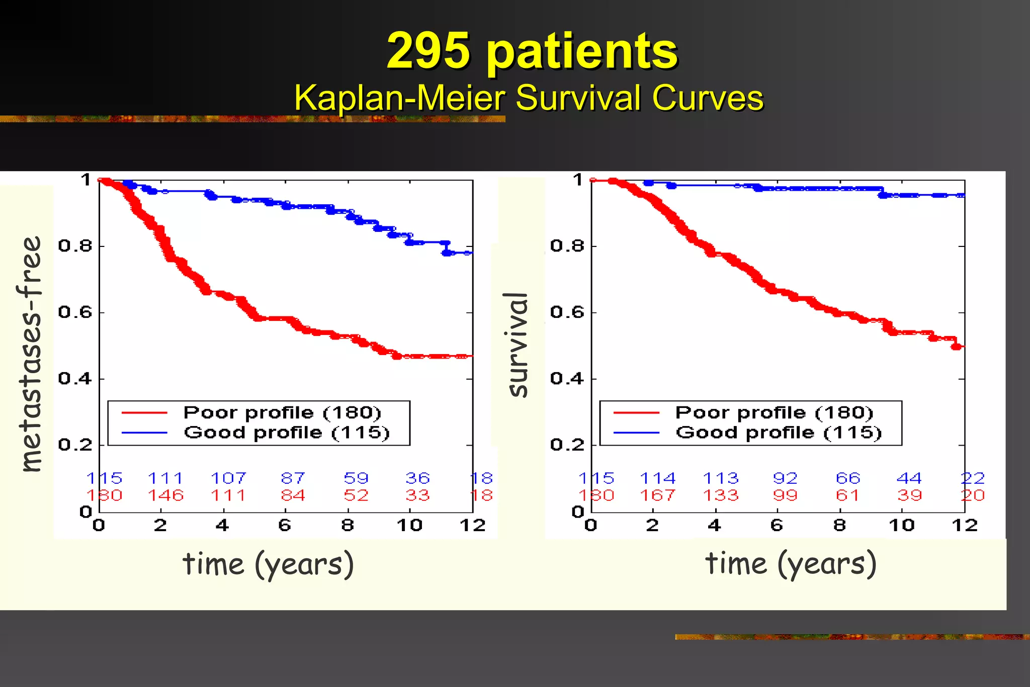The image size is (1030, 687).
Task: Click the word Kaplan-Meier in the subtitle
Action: [399, 98]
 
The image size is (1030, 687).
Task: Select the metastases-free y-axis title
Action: [30, 354]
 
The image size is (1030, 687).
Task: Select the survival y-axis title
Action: [518, 345]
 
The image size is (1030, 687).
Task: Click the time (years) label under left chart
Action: [268, 564]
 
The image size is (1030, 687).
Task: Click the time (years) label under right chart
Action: [791, 563]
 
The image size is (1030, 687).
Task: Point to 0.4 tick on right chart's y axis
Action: [567, 378]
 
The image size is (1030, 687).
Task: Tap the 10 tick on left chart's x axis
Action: [409, 526]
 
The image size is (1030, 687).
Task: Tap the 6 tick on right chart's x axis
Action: [777, 526]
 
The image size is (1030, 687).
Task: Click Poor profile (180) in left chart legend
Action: [282, 412]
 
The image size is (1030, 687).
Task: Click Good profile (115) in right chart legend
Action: [779, 433]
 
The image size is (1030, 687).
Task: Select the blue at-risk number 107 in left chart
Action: [228, 478]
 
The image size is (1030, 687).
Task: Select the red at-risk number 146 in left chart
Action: [166, 495]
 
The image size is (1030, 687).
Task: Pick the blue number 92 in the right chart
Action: [785, 478]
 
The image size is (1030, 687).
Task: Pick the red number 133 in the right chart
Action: [720, 495]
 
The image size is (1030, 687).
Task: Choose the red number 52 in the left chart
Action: [356, 495]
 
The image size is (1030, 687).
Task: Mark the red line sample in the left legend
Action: [144, 413]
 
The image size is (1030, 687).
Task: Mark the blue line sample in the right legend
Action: [636, 433]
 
